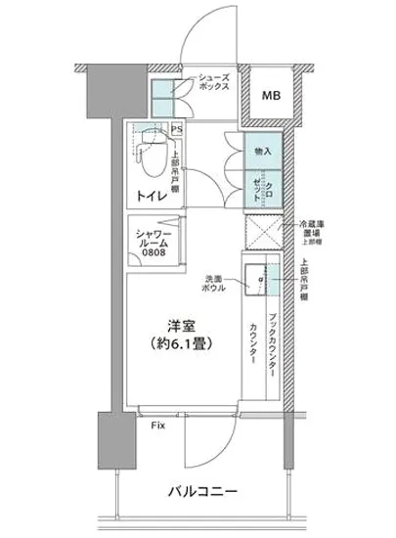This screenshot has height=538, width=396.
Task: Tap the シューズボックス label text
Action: [x=214, y=81]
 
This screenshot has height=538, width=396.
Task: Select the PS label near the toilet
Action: [x=177, y=128]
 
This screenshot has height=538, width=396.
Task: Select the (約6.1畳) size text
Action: [x=177, y=344]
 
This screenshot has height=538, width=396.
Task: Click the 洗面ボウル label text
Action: [x=217, y=283]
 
